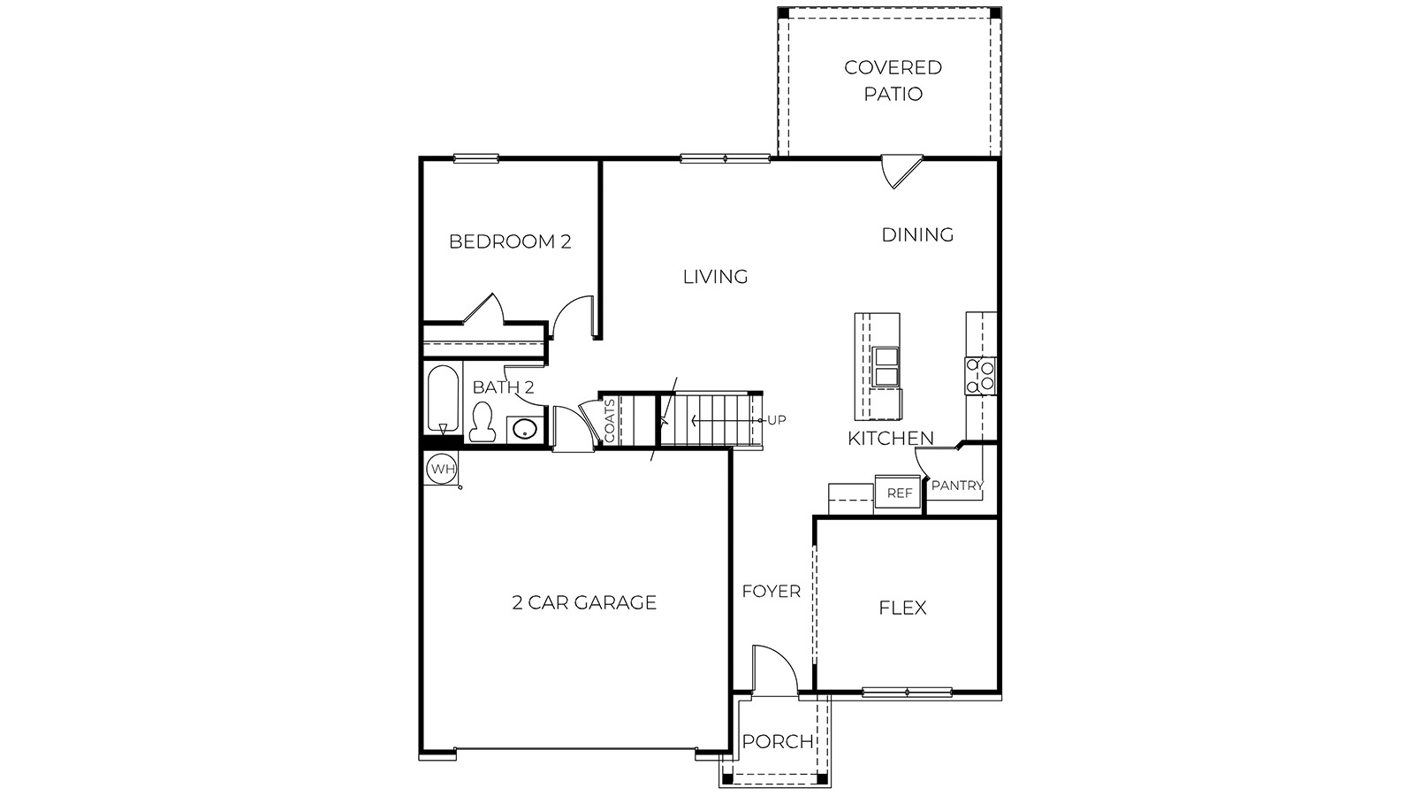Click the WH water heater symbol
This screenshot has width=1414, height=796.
click(x=441, y=469)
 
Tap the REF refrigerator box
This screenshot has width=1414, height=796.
click(x=899, y=493)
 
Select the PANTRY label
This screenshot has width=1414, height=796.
click(x=956, y=486)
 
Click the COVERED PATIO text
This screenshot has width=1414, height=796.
click(x=893, y=80)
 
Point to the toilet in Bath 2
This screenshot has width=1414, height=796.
click(x=482, y=423)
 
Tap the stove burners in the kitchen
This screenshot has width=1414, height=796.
click(x=980, y=375)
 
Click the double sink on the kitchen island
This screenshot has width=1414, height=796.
click(x=886, y=367)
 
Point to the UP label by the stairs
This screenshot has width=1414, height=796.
click(x=776, y=419)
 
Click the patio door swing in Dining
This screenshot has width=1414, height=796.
click(x=901, y=171)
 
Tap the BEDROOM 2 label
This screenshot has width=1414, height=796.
click(x=510, y=241)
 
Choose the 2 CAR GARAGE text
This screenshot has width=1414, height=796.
click(x=584, y=603)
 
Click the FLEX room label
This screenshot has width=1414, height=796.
click(x=902, y=608)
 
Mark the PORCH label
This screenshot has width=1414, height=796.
click(x=777, y=741)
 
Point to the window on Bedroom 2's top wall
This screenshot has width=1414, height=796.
click(x=476, y=159)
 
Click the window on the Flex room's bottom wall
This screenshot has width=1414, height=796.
click(x=907, y=692)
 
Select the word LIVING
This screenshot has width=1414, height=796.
click(x=715, y=277)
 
